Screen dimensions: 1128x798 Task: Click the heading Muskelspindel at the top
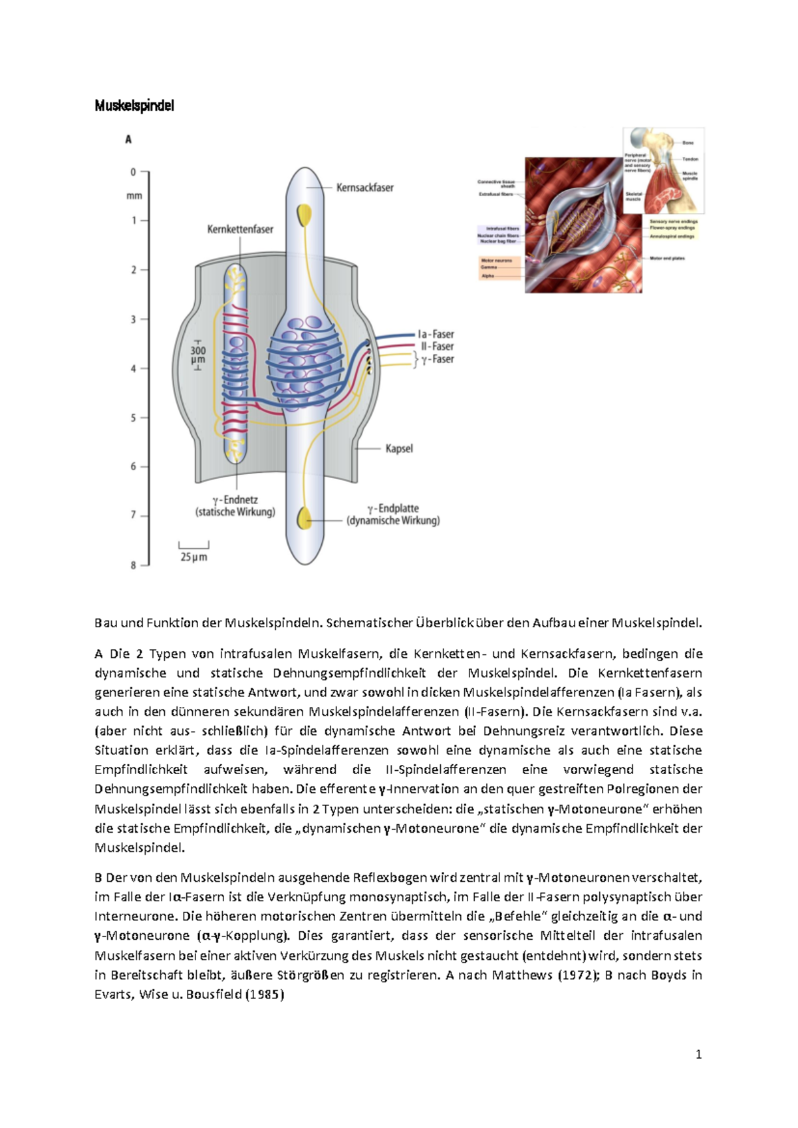click(134, 106)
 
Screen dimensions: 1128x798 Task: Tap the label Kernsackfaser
click(364, 188)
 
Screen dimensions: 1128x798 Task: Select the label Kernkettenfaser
click(240, 229)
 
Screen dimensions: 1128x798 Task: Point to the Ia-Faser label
click(436, 334)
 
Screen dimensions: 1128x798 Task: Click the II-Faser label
click(437, 347)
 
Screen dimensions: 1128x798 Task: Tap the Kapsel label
click(399, 449)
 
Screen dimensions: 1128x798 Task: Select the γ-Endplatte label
click(393, 508)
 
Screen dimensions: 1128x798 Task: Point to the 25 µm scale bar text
click(194, 557)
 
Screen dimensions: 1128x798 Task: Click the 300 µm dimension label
click(198, 355)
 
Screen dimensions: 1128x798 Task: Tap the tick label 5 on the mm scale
click(134, 418)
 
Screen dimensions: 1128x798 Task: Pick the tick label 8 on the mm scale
click(134, 565)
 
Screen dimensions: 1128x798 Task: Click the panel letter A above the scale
click(128, 140)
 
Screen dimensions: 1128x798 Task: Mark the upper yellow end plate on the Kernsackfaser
click(304, 215)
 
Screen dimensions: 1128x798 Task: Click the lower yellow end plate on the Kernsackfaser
click(305, 517)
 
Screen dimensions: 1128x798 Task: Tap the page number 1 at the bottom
click(698, 1054)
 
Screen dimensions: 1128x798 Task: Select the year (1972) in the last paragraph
click(576, 975)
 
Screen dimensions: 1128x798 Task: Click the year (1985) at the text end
click(264, 995)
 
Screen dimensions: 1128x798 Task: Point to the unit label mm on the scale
click(134, 196)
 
